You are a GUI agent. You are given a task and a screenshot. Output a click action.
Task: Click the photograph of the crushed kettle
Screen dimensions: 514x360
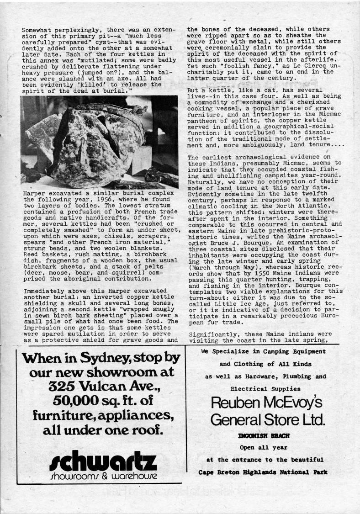tap(94, 142)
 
